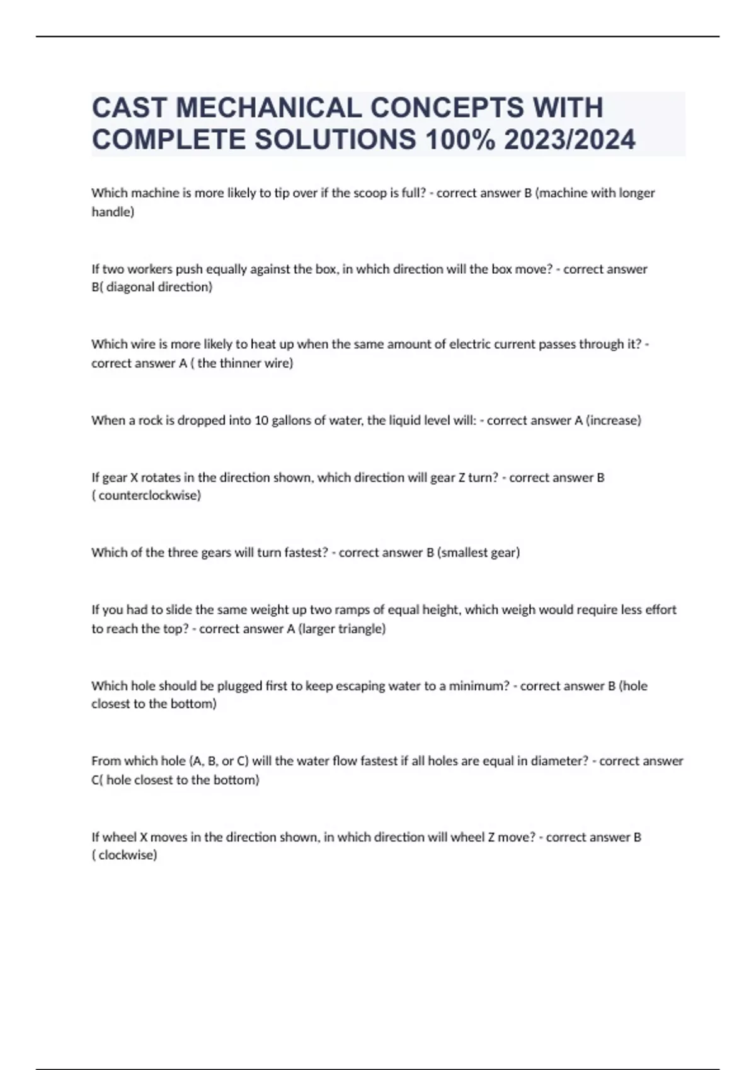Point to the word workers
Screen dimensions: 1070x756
tap(151, 269)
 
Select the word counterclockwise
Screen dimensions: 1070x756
tap(149, 495)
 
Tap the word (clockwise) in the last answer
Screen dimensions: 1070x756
tap(125, 855)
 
